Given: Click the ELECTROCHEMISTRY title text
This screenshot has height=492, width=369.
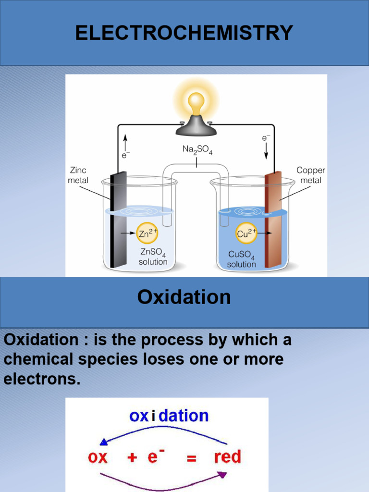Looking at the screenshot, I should pyautogui.click(x=184, y=33).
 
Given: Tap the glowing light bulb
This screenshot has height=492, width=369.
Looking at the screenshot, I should pyautogui.click(x=196, y=103).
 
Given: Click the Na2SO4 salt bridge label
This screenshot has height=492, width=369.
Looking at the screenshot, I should pyautogui.click(x=197, y=150).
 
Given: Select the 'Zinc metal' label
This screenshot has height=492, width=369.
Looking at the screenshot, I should pyautogui.click(x=78, y=175).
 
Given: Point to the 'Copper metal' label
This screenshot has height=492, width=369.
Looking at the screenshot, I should pyautogui.click(x=310, y=175).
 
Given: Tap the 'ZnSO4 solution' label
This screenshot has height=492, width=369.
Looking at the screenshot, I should pyautogui.click(x=153, y=257).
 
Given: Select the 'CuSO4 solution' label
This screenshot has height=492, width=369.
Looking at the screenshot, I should pyautogui.click(x=241, y=259).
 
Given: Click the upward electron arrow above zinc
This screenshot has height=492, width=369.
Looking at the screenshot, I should pyautogui.click(x=125, y=142).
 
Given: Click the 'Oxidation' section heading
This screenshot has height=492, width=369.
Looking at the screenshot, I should pyautogui.click(x=184, y=297).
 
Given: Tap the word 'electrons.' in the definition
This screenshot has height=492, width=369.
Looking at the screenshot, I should pyautogui.click(x=42, y=379).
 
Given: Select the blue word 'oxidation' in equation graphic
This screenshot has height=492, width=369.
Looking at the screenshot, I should pyautogui.click(x=169, y=416).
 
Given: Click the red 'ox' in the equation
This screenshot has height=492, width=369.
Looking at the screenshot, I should pyautogui.click(x=98, y=457).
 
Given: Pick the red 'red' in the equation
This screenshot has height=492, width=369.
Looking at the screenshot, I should pyautogui.click(x=227, y=456).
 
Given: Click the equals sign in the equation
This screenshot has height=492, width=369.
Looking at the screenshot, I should pyautogui.click(x=192, y=458).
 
